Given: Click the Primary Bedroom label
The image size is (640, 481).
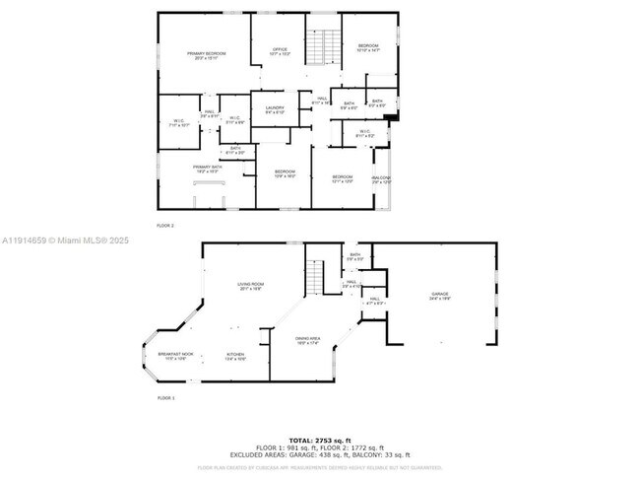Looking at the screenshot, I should [208, 55].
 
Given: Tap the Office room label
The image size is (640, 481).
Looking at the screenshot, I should [280, 51].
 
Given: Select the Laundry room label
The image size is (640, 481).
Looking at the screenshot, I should [275, 110].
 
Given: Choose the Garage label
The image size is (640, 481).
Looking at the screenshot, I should [438, 297].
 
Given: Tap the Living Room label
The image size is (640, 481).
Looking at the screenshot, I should [249, 287].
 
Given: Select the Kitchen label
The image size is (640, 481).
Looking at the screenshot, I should [235, 357].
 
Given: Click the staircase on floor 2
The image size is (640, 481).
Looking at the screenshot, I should [317, 46].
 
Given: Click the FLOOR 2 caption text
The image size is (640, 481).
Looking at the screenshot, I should [164, 226].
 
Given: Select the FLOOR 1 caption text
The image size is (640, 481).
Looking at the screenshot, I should [165, 398].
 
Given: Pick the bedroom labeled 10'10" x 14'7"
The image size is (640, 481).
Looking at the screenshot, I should [367, 48].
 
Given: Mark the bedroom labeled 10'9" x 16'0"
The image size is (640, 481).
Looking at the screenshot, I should [284, 174].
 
